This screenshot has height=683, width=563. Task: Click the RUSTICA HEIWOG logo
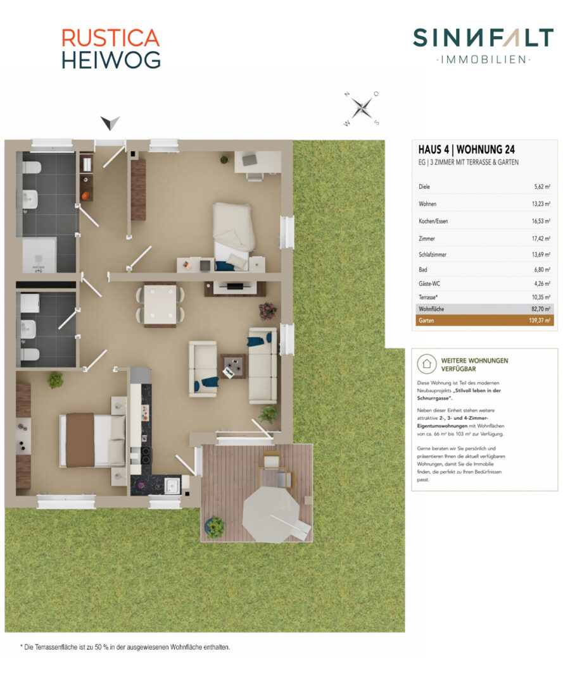[x=111, y=49]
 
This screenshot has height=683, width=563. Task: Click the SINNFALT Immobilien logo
[x=483, y=46]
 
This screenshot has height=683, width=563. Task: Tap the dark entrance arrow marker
[x=110, y=123]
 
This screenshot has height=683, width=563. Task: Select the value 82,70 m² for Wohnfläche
[x=541, y=309]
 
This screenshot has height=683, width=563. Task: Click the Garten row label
[x=426, y=320]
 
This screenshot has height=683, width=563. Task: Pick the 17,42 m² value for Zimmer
[x=541, y=238]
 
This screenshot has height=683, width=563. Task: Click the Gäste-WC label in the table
[x=429, y=283]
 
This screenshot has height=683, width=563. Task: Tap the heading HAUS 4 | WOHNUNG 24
[x=467, y=149]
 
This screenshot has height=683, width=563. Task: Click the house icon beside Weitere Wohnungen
[x=426, y=363]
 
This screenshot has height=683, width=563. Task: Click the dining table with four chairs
[x=160, y=304]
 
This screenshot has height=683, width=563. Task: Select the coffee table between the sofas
[x=233, y=366]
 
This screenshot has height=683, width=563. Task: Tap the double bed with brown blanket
[x=92, y=440]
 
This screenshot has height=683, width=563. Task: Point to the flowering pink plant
[x=267, y=311]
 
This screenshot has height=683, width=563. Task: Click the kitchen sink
[x=172, y=485]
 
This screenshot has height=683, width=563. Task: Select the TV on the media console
[x=235, y=286]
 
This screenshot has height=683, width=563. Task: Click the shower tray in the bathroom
[x=40, y=255]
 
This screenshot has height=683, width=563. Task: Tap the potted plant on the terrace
[x=215, y=527]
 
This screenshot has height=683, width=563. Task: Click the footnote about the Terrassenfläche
[x=125, y=648]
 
